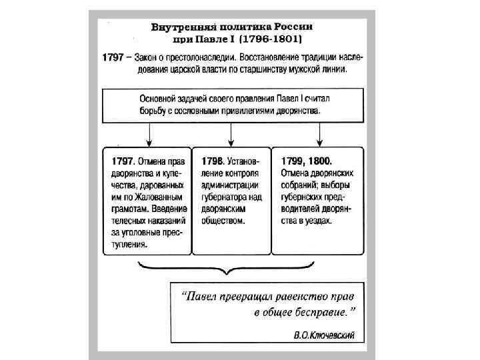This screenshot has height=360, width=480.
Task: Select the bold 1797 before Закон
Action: click(113, 57)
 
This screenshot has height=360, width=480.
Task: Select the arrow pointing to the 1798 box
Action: click(231, 135)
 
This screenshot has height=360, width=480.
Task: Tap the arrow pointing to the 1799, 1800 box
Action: click(319, 135)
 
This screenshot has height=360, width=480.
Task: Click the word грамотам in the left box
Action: click(125, 209)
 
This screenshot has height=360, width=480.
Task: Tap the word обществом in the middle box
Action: click(223, 221)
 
